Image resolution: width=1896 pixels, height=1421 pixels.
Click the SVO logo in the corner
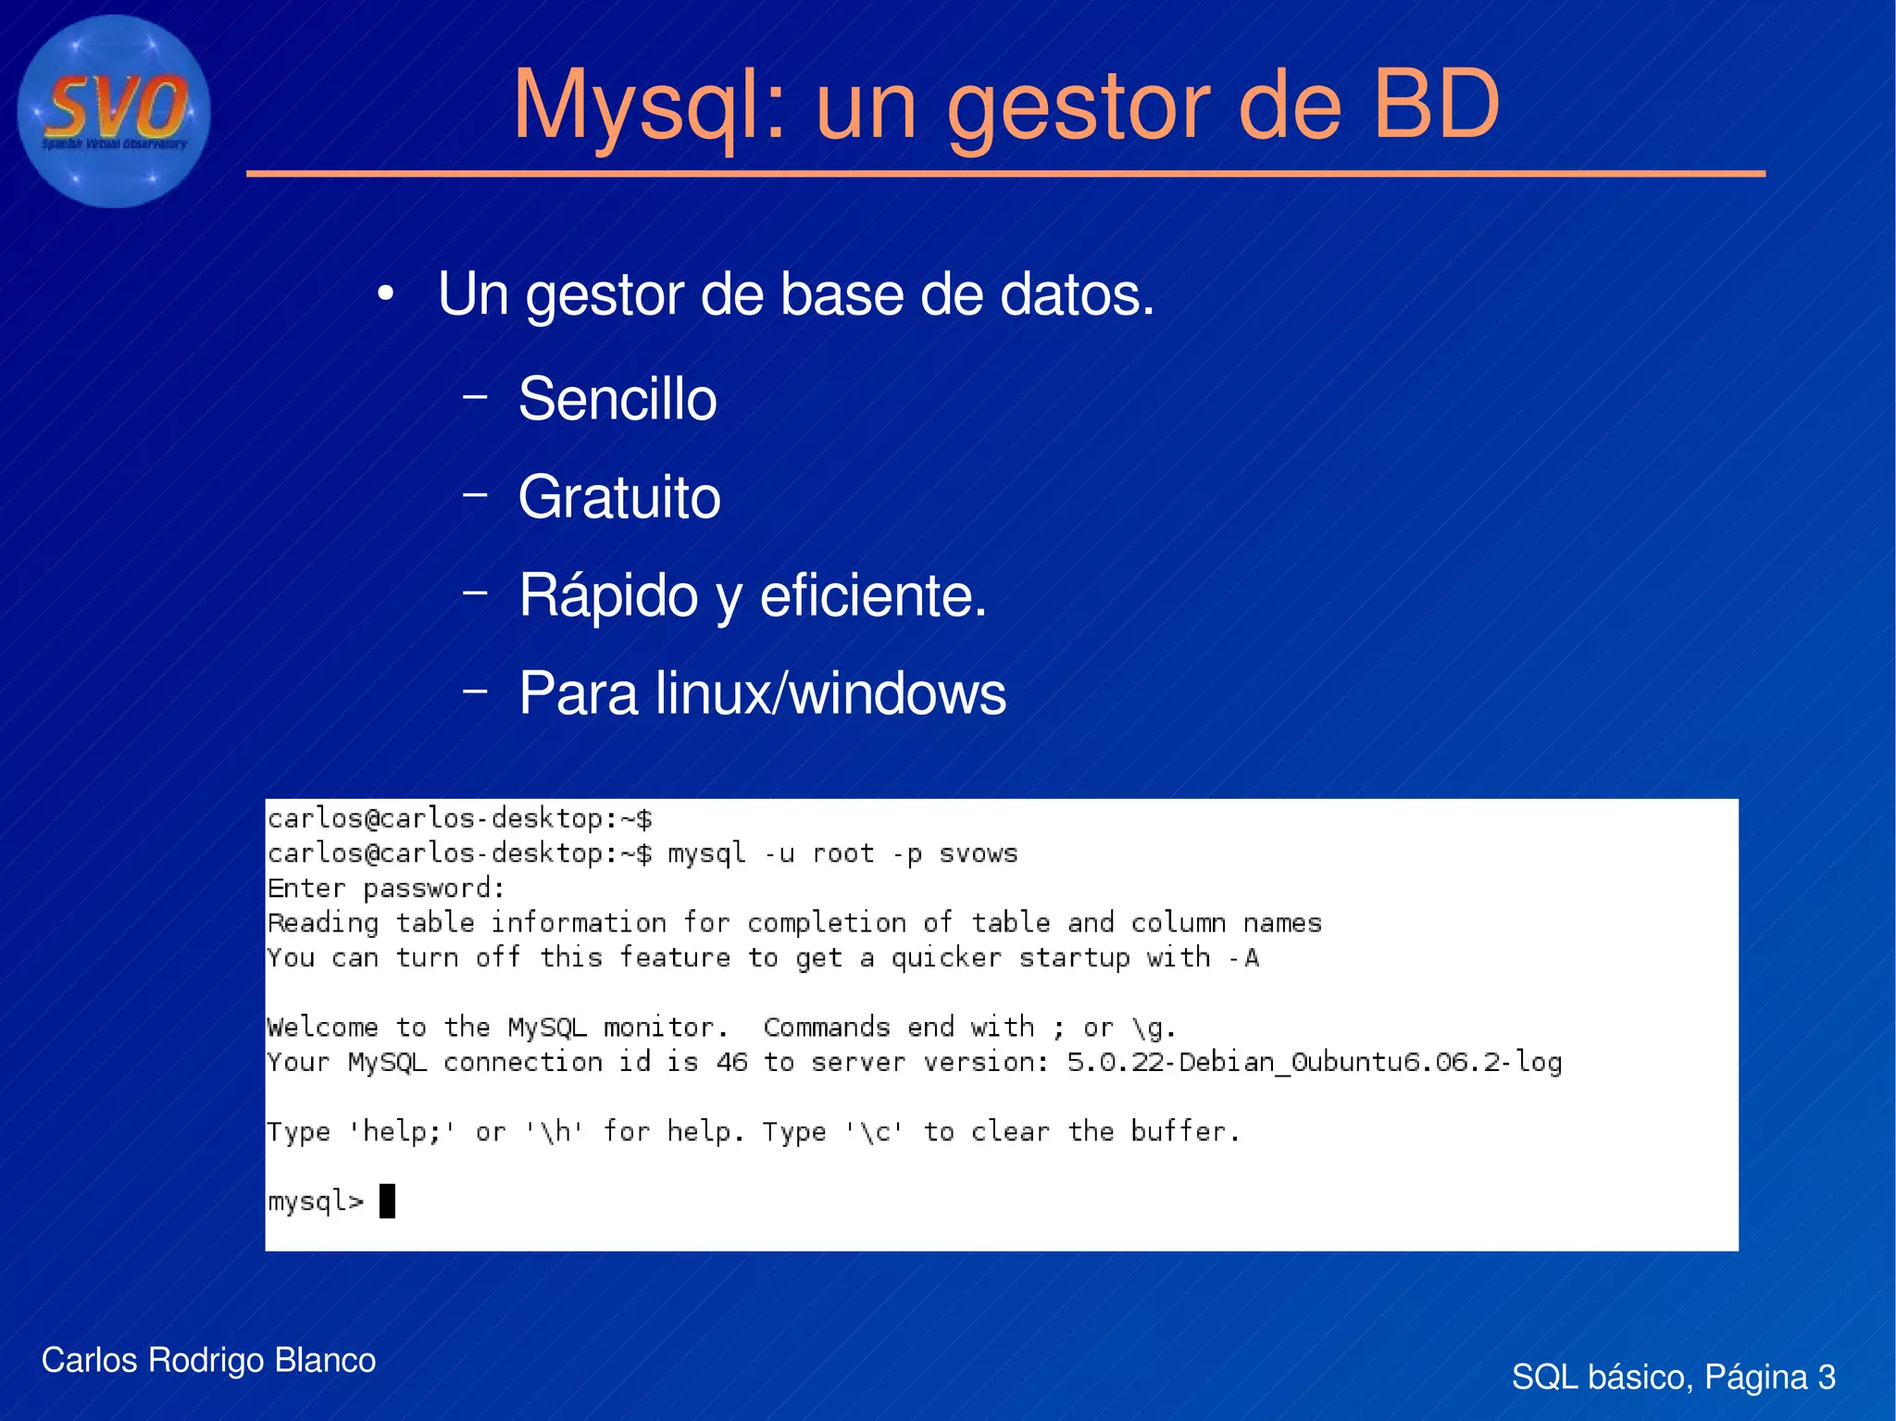[114, 111]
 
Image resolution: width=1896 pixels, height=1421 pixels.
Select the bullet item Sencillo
[617, 399]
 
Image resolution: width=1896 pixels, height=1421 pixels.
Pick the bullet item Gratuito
[618, 497]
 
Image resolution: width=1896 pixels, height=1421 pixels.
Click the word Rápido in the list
[607, 595]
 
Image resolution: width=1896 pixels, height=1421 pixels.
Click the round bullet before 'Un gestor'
[386, 295]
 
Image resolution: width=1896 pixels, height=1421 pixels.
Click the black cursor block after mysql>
[388, 1201]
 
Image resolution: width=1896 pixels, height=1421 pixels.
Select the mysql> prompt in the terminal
[316, 1201]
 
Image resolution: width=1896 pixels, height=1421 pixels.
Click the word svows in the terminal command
[979, 854]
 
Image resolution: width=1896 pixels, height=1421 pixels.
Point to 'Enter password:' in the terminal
[385, 889]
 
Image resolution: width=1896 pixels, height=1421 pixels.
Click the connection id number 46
[731, 1062]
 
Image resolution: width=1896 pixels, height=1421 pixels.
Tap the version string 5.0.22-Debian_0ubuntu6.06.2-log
[1314, 1062]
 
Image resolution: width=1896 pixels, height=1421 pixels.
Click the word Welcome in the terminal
[322, 1028]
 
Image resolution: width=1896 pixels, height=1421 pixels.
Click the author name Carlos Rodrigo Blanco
[208, 1360]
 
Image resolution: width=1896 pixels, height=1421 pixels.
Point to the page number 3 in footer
[1826, 1377]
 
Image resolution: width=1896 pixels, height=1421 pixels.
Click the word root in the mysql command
[842, 854]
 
